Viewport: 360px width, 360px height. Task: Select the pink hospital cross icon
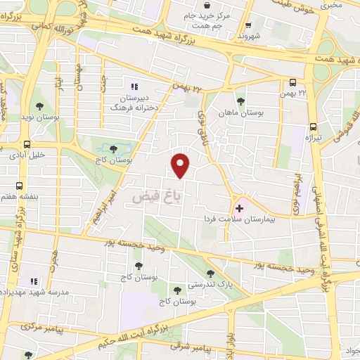click(238, 207)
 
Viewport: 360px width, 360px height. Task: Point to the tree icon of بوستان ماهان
click(241, 102)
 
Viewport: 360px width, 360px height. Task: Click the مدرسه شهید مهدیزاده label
click(35, 290)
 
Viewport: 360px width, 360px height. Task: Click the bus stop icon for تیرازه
click(313, 127)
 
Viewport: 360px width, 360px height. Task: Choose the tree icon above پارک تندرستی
click(210, 274)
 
